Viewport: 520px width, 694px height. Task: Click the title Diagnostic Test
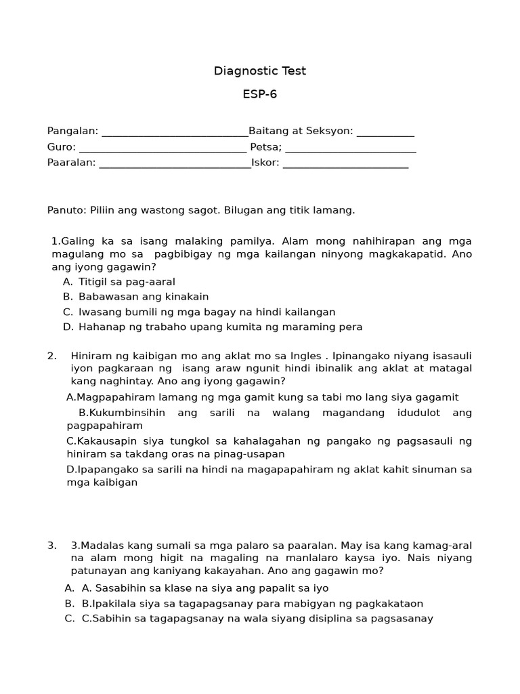[260, 71]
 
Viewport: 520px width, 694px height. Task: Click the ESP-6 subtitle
[260, 94]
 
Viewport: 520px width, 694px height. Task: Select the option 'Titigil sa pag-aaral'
[127, 281]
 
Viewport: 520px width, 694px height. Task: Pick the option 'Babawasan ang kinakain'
[144, 296]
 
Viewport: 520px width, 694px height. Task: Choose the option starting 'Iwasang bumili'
[207, 312]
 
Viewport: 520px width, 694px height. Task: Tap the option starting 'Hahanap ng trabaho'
[220, 327]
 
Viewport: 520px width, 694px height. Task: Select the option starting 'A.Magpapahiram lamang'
[263, 397]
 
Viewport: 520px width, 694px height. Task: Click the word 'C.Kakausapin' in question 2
[100, 441]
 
